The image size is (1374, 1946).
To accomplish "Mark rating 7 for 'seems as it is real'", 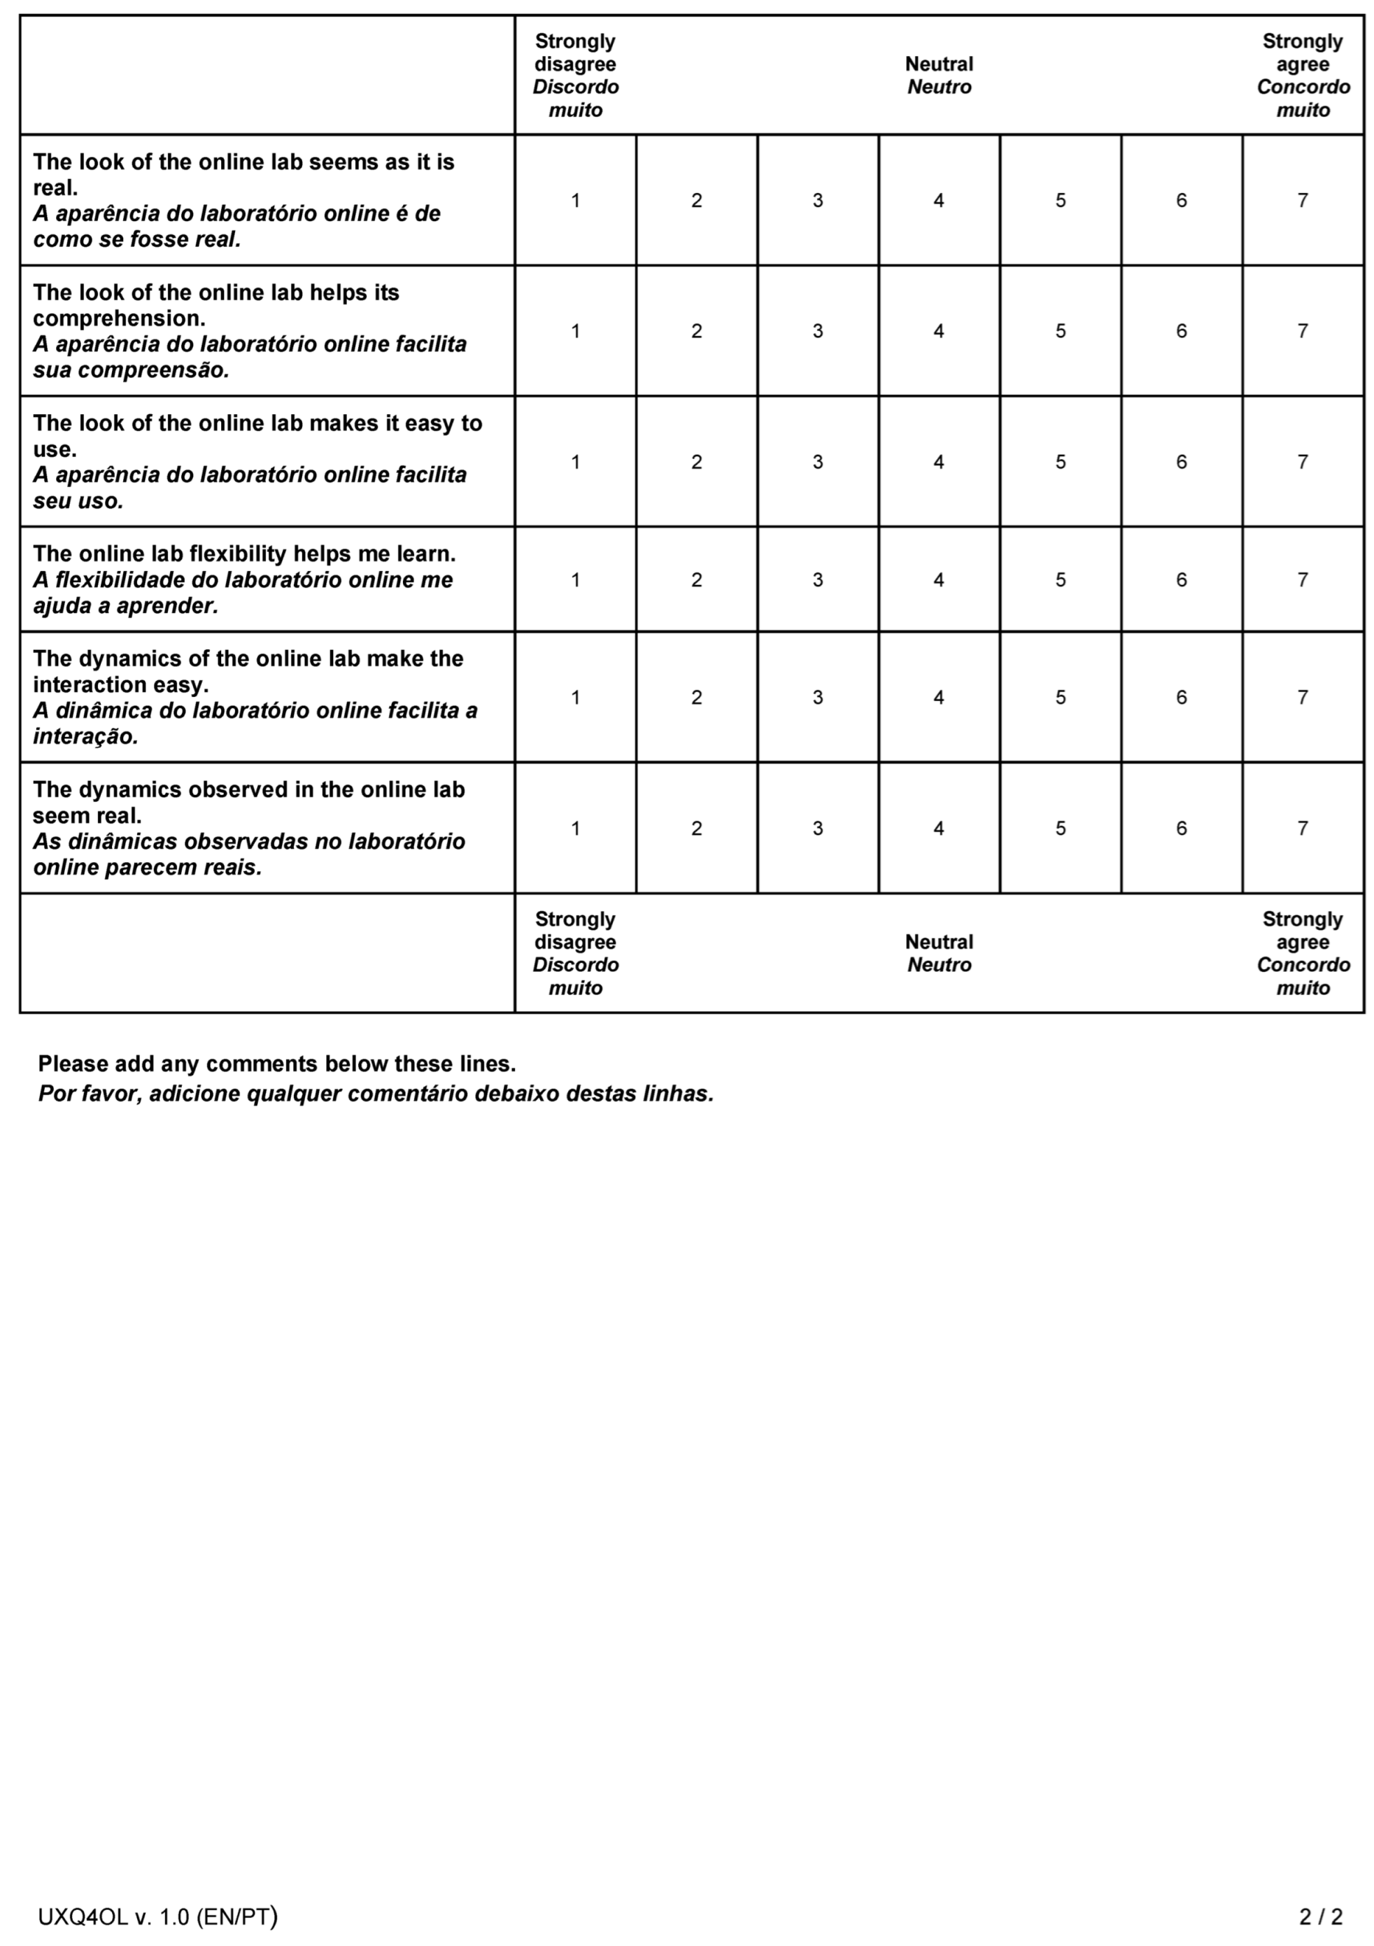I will [1302, 201].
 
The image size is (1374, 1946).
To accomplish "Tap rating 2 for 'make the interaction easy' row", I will [696, 698].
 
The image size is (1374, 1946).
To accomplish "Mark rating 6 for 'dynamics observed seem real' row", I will [1181, 828].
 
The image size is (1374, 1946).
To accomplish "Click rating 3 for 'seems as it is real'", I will [817, 201].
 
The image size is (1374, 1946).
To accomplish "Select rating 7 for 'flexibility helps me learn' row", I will [1302, 579].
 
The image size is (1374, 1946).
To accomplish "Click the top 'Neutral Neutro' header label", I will [938, 76].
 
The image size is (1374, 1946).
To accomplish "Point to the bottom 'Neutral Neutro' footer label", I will [938, 954].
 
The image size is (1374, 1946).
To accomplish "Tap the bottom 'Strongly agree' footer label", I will [1302, 931].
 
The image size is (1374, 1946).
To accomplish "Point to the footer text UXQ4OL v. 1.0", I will [157, 1917].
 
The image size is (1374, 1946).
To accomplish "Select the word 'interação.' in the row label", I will [85, 737].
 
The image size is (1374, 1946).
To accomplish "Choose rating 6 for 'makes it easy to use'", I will [1181, 462].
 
